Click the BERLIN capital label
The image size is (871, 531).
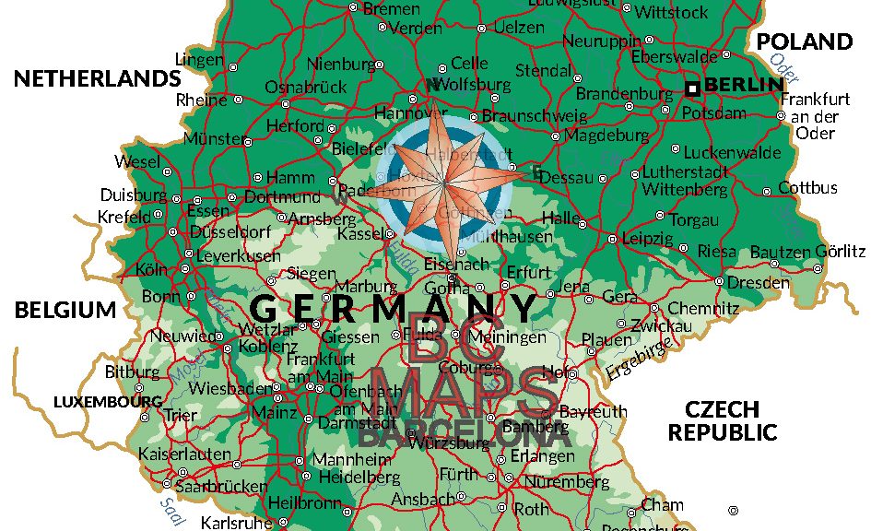click(744, 85)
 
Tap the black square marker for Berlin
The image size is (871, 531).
click(692, 88)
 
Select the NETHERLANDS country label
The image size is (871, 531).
click(97, 78)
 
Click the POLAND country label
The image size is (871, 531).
click(805, 41)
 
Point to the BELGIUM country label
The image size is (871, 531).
click(65, 310)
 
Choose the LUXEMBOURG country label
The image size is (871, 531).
click(108, 402)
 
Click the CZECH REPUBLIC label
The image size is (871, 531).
click(723, 420)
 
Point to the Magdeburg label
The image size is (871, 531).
click(606, 136)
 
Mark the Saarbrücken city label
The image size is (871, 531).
click(221, 486)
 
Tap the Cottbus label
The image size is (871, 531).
click(807, 188)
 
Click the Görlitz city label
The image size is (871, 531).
click(840, 251)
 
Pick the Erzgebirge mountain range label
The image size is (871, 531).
click(639, 359)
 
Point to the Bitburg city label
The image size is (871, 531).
click(125, 372)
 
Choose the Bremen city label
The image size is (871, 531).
click(392, 8)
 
